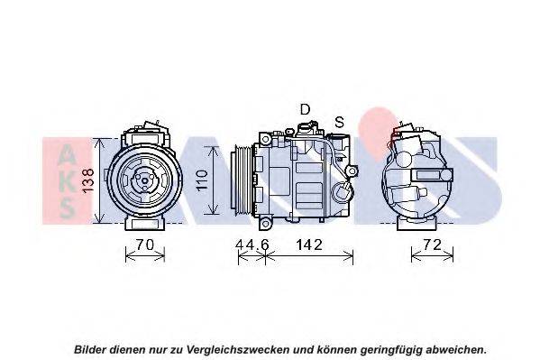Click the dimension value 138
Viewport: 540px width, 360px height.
(88, 180)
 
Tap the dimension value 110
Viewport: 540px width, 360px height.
(202, 180)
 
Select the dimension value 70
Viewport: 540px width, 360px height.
(145, 245)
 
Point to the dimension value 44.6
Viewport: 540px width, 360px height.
(252, 245)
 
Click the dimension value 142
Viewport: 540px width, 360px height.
(309, 245)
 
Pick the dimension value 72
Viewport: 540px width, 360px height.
(432, 245)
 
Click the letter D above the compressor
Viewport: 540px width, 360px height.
(305, 109)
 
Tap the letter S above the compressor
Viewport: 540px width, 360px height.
(340, 122)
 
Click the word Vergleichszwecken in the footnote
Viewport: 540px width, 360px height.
(238, 350)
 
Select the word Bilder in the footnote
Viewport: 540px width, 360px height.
(90, 350)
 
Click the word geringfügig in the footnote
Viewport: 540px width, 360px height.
(391, 350)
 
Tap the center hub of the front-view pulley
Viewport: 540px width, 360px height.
(144, 180)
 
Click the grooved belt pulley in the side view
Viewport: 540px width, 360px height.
(243, 180)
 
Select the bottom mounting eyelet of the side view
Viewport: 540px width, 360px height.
(265, 224)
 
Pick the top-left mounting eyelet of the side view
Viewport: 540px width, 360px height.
(265, 140)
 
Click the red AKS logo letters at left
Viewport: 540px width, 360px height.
(67, 180)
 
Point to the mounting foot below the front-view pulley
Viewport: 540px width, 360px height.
(145, 224)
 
